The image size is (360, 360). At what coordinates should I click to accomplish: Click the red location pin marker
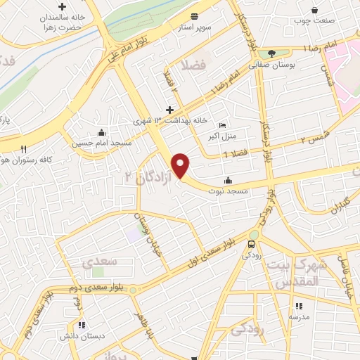click(x=181, y=165)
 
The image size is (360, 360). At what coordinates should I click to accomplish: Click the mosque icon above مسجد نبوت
click(x=227, y=179)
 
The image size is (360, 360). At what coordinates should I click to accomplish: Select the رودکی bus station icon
click(x=251, y=244)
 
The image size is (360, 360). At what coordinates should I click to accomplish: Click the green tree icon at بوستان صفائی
click(x=271, y=53)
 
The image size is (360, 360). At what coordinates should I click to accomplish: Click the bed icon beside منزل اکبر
click(x=223, y=125)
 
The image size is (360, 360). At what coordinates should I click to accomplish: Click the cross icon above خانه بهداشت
click(x=169, y=110)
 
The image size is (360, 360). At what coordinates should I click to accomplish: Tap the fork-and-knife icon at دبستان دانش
click(x=82, y=325)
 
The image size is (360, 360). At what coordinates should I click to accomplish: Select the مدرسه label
click(x=298, y=317)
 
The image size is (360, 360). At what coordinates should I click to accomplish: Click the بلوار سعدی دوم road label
click(x=96, y=288)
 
